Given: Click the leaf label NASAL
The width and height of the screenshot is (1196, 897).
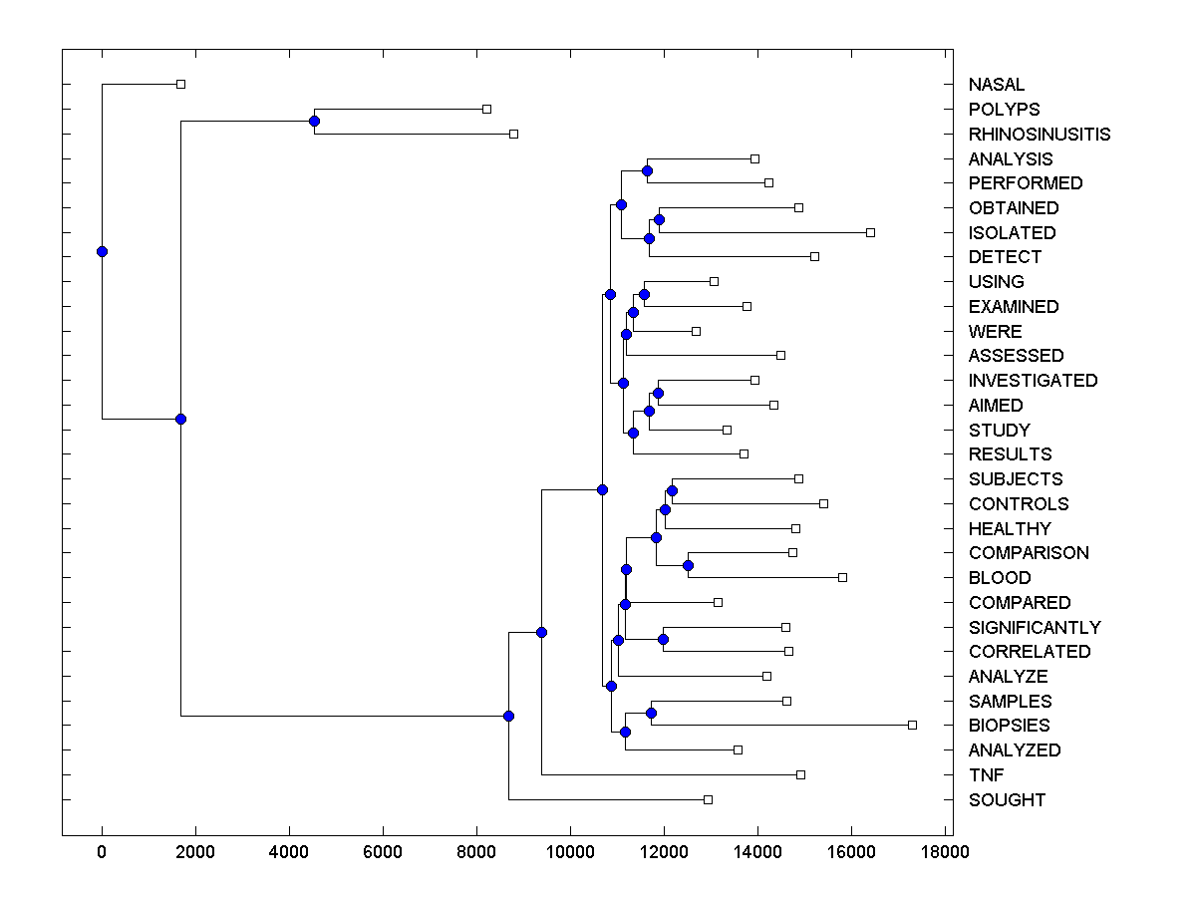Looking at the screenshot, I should (x=996, y=85).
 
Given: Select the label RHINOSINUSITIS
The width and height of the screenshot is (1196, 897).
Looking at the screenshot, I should (x=1039, y=135).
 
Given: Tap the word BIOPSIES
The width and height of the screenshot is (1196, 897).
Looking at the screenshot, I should (x=1009, y=726).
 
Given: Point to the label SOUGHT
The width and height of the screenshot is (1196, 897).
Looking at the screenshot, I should (x=1007, y=800).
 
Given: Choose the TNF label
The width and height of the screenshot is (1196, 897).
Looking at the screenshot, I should (x=986, y=775).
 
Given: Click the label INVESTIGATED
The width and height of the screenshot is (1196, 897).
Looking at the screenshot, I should (x=1033, y=381).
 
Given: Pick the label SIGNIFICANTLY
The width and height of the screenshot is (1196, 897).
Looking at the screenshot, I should (x=1035, y=628).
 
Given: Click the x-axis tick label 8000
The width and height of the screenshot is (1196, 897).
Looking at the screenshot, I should (x=475, y=851).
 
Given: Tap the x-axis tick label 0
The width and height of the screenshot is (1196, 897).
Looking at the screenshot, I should (x=102, y=851).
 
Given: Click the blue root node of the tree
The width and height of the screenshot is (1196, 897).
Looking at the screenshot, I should (x=102, y=251).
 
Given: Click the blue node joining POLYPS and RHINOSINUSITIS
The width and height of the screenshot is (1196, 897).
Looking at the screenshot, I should (x=314, y=122).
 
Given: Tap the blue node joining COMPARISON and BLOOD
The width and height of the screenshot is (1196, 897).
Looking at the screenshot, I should (x=688, y=565).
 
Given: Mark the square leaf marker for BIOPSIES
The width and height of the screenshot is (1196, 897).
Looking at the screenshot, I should (x=912, y=725).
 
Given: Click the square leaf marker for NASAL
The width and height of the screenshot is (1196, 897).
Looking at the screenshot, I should (x=180, y=84).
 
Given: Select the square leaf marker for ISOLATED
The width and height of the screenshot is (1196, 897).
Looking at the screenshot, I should (x=870, y=232).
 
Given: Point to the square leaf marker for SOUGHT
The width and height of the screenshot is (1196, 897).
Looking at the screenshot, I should (x=708, y=799).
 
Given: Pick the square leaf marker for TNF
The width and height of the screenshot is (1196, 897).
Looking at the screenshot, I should (x=800, y=774).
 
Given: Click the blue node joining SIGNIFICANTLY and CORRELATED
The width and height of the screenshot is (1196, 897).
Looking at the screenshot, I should (x=663, y=639).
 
